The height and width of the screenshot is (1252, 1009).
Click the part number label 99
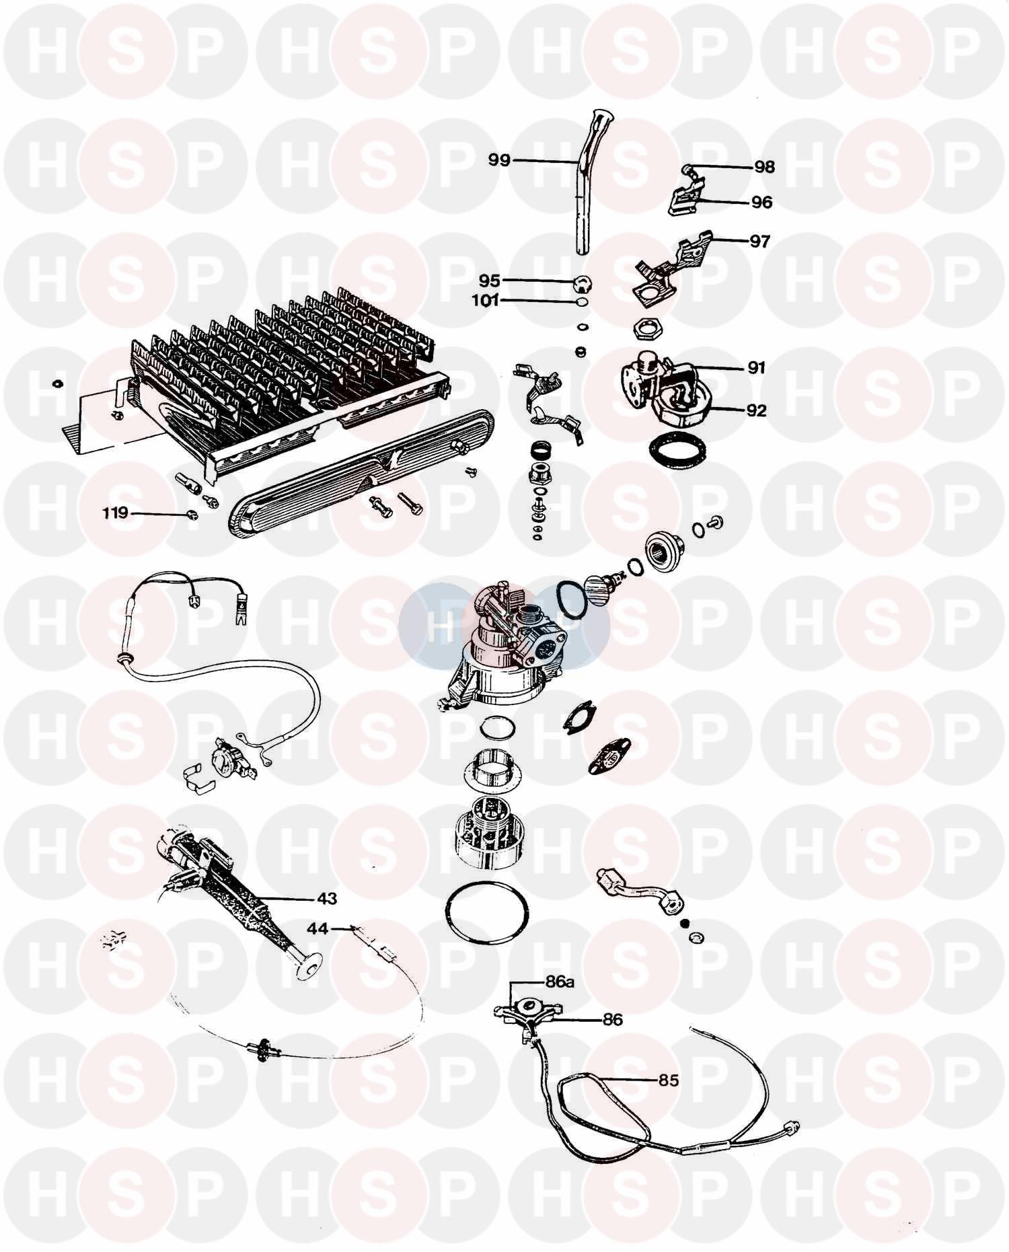click(x=500, y=160)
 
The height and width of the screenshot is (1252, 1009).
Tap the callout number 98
click(x=764, y=167)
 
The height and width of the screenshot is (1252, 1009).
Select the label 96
click(x=761, y=202)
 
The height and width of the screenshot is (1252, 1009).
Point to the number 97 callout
click(x=759, y=240)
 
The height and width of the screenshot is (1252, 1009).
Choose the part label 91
click(x=756, y=367)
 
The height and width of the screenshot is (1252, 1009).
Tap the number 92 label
click(x=756, y=410)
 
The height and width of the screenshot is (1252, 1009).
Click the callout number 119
click(x=115, y=513)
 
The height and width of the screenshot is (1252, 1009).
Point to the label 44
click(x=317, y=928)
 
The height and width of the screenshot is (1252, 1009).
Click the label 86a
click(x=560, y=982)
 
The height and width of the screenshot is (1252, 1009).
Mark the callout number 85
click(x=668, y=1081)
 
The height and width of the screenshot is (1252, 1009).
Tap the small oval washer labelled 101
click(x=582, y=302)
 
